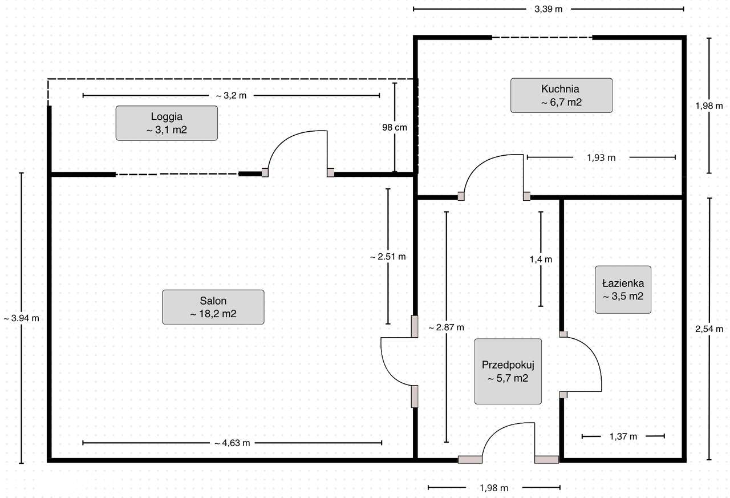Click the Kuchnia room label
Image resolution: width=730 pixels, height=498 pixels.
(x=561, y=95)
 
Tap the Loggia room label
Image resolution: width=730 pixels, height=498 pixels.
(x=167, y=123)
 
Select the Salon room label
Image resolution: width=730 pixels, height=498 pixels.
(x=213, y=307)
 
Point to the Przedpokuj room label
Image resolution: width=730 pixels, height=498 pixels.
(x=508, y=371)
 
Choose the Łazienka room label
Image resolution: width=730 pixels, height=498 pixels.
(x=623, y=289)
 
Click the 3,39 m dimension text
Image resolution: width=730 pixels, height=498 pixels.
(x=549, y=9)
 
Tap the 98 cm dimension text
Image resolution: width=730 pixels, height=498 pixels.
(x=395, y=127)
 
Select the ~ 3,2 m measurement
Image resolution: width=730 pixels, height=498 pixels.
(x=231, y=96)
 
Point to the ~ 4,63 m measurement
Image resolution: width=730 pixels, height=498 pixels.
(x=232, y=443)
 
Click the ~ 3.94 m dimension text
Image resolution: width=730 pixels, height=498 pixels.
(x=22, y=318)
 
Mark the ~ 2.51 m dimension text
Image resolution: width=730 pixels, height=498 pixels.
(x=388, y=257)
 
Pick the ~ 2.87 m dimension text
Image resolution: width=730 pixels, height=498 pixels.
(x=446, y=327)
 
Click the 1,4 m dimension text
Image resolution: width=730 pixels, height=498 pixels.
(x=541, y=260)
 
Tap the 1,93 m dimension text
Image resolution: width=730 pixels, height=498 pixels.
(x=601, y=158)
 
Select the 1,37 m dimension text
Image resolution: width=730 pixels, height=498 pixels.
(x=623, y=436)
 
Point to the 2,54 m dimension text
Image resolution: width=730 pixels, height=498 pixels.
(x=709, y=329)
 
